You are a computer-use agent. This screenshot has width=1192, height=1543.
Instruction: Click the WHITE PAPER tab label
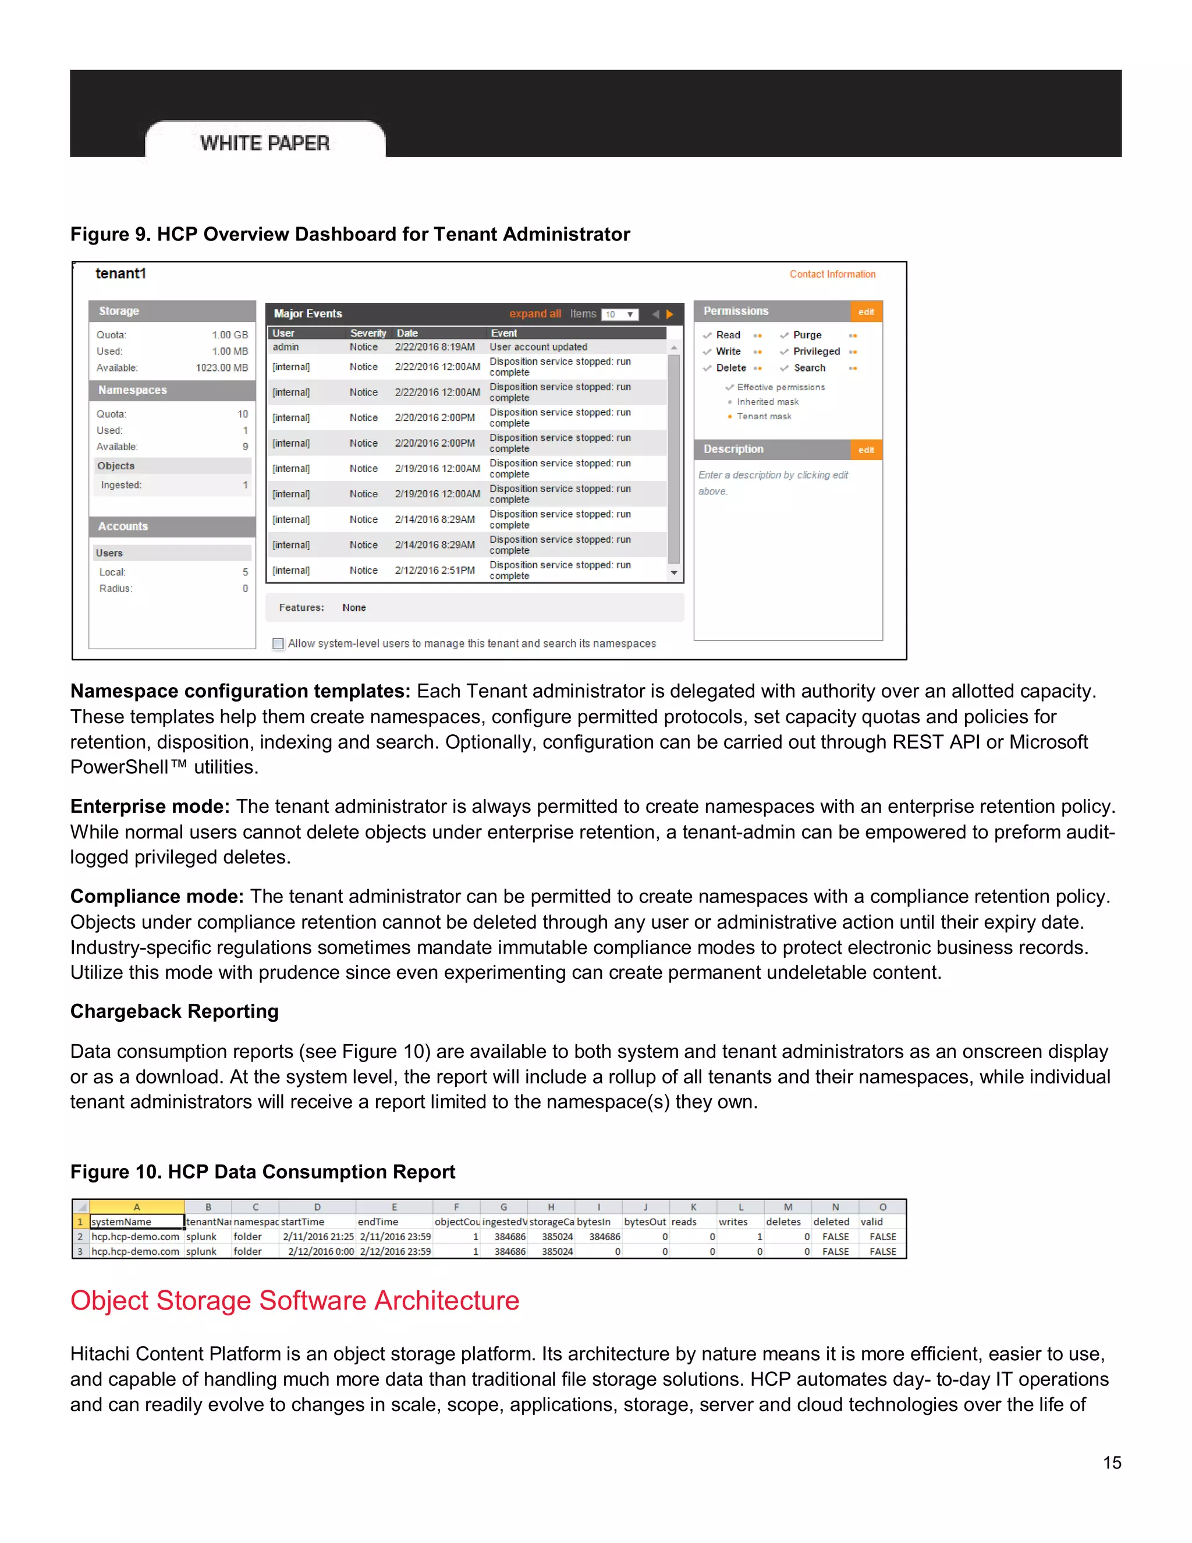tap(265, 143)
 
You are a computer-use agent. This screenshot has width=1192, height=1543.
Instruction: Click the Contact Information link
tap(832, 274)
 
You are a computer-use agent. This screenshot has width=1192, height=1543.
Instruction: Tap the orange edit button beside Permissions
tap(865, 312)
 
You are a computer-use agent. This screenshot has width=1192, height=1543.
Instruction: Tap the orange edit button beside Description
tap(865, 450)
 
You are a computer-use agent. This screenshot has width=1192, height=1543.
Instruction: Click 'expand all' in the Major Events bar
tap(534, 314)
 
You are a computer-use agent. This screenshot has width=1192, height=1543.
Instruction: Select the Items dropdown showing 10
tap(620, 314)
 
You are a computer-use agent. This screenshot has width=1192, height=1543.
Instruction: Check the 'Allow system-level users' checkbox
tap(278, 643)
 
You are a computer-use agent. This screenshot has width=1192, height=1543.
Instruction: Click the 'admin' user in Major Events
tap(286, 347)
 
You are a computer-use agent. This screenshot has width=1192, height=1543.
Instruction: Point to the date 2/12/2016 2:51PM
tap(434, 570)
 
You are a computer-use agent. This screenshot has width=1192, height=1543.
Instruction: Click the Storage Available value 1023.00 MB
tap(222, 367)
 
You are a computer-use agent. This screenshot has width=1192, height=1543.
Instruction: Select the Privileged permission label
tap(817, 351)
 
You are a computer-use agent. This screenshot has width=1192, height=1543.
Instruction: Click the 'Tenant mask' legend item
tap(764, 416)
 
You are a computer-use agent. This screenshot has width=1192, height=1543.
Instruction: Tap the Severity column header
tap(368, 332)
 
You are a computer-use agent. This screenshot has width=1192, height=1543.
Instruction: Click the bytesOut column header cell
tap(645, 1222)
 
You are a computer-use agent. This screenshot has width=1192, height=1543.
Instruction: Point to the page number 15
tap(1112, 1463)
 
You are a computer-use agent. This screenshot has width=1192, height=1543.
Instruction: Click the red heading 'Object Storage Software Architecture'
tap(295, 1300)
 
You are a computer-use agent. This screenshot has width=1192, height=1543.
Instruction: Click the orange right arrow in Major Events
tap(669, 314)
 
